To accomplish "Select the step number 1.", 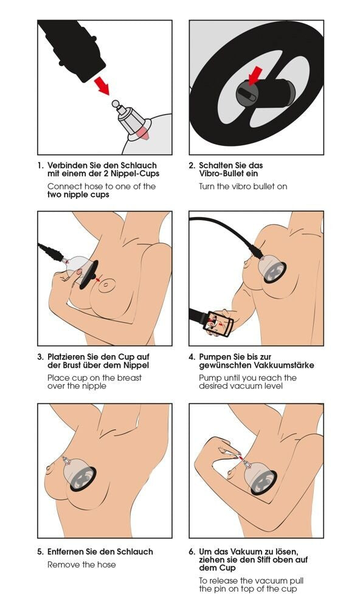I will click(40, 165).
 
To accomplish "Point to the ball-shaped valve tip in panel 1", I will click(116, 104).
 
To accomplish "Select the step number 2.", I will click(192, 165).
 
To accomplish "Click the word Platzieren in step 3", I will click(69, 357).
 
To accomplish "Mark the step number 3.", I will click(40, 357).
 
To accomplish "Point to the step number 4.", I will click(192, 357).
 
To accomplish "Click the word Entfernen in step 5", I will click(68, 552).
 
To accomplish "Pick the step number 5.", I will click(40, 552).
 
